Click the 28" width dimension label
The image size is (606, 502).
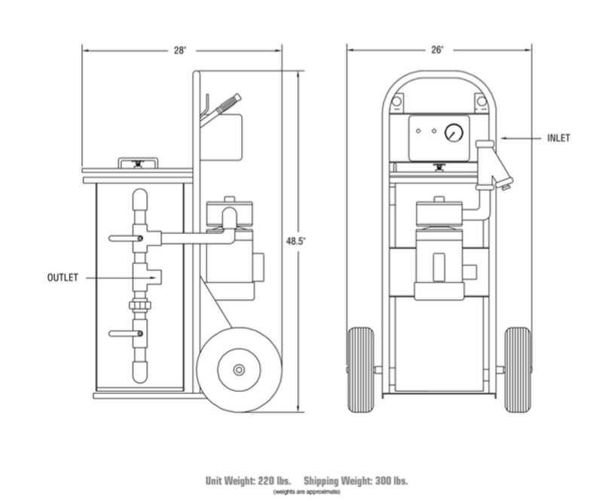tap(181, 50)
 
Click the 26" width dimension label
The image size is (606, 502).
tap(437, 50)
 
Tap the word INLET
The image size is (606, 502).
tap(559, 138)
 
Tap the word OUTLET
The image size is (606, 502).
tap(63, 278)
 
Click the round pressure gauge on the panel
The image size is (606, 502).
tap(454, 134)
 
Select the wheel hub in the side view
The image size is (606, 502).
tap(238, 369)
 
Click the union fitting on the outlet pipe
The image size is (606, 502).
tap(139, 308)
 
